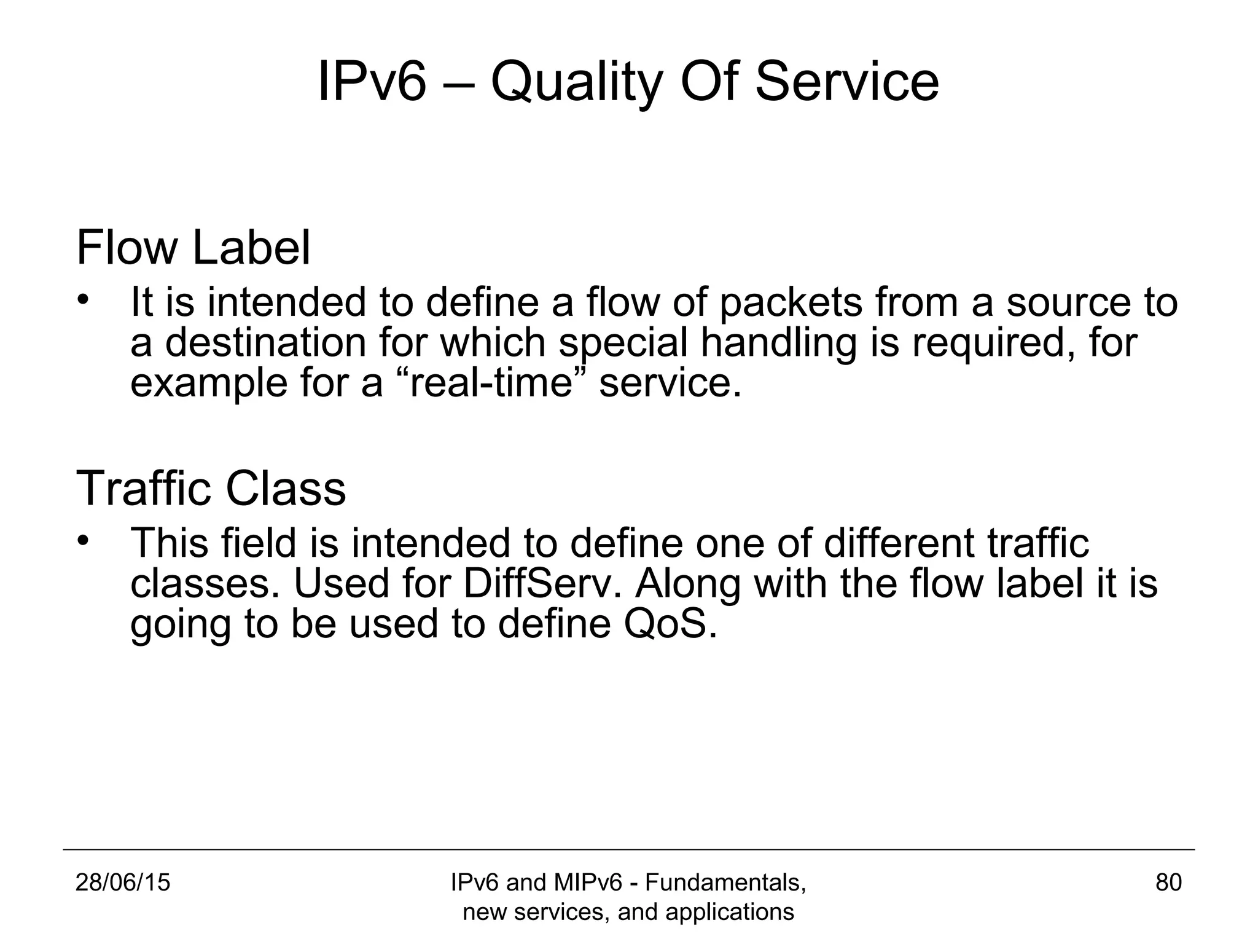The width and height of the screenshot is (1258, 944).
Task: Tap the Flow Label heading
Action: coord(193,248)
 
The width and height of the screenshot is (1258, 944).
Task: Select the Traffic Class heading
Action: coord(211,489)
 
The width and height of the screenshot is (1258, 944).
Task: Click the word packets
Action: coord(791,304)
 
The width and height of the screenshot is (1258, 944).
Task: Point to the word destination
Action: coord(265,342)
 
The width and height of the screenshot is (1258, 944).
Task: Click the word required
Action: coord(994,342)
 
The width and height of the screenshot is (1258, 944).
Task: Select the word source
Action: coord(1069,304)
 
